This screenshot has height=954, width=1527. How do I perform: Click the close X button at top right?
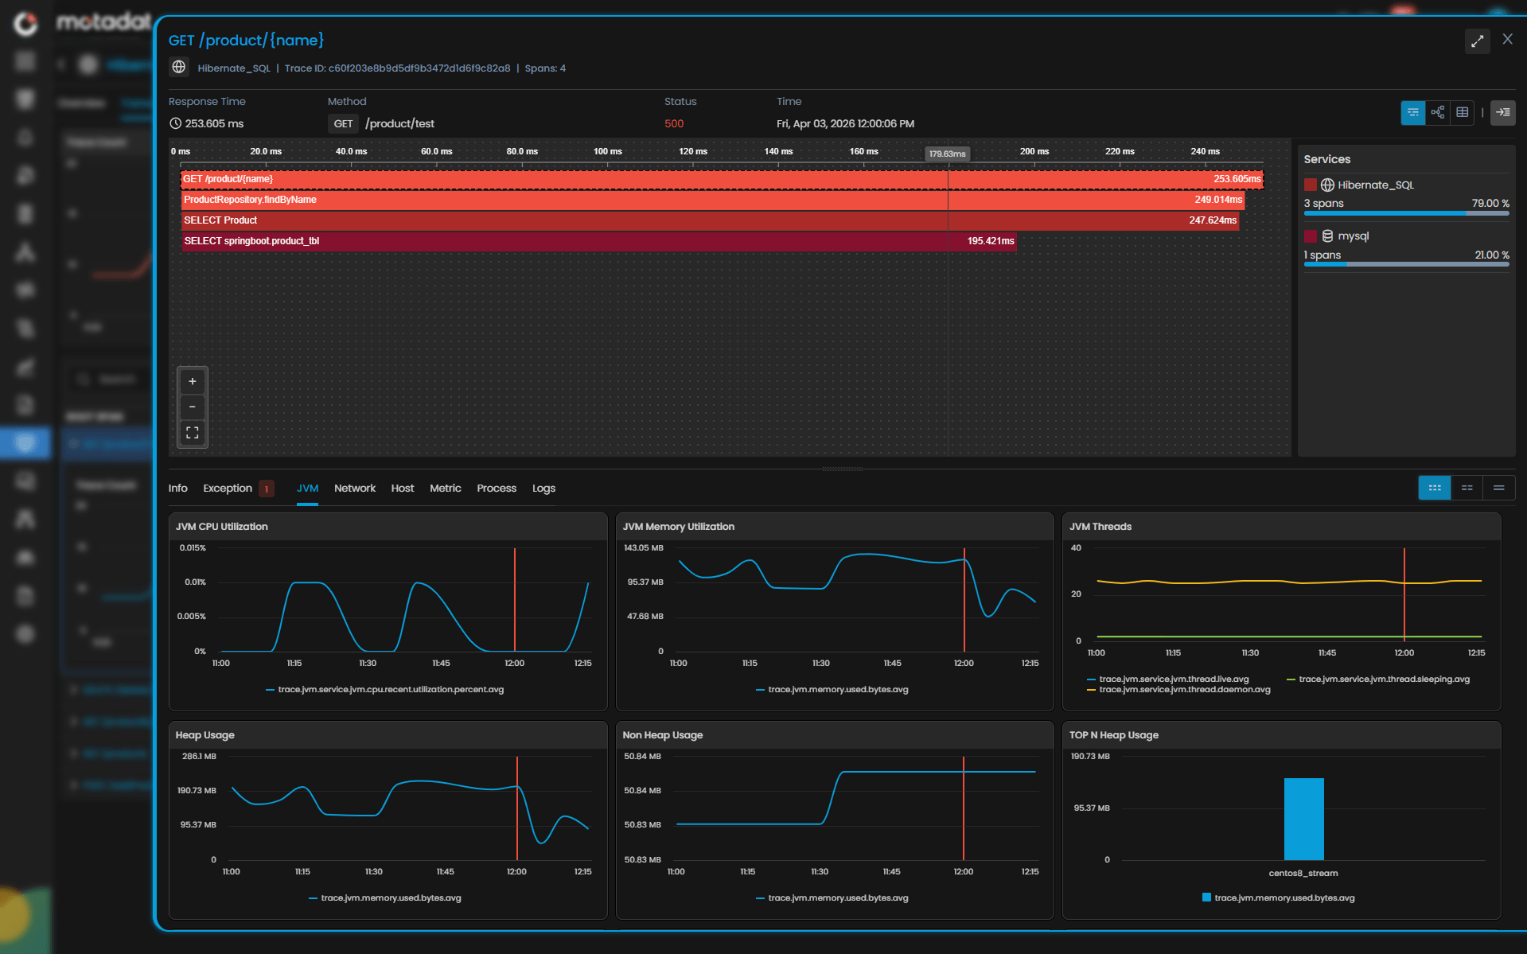[1507, 39]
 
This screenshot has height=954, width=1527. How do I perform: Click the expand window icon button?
[1477, 41]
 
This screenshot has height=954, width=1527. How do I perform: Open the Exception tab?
[228, 489]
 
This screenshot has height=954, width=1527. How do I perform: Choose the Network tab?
[354, 489]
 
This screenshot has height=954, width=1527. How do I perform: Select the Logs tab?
[543, 489]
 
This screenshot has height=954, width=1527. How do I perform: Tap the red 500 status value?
[674, 124]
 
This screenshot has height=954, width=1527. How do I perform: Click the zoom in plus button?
[192, 382]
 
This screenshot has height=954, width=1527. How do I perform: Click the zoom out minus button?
[192, 407]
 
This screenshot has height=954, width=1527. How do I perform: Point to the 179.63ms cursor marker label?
[947, 154]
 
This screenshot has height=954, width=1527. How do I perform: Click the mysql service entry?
[1353, 236]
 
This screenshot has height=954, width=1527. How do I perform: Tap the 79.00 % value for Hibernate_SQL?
[1490, 204]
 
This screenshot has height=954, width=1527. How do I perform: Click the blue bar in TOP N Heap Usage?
[1303, 820]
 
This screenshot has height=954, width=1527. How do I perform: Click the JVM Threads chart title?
[1100, 527]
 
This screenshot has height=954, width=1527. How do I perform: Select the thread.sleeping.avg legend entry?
[1383, 679]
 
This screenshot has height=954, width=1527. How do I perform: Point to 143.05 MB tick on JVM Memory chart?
[643, 548]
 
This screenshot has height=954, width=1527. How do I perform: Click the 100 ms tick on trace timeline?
[607, 152]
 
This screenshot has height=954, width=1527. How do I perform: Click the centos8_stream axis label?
[1303, 874]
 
